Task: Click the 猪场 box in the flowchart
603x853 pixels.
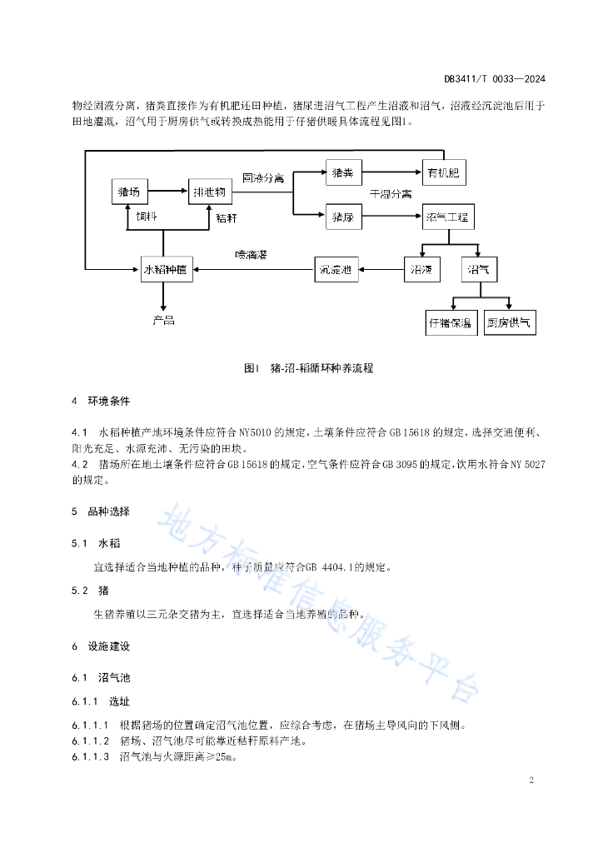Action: pos(129,192)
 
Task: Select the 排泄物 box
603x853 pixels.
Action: pos(209,192)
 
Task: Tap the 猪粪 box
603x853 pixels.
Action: pos(343,173)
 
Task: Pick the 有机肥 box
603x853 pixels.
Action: pos(444,172)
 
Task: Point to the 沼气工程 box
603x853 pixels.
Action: pos(448,217)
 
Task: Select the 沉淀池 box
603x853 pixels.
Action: pos(336,269)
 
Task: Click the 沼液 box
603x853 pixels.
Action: pos(421,269)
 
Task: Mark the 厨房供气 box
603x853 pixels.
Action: pos(510,322)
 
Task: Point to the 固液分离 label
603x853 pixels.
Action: pos(263,178)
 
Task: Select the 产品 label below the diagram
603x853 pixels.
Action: pos(163,319)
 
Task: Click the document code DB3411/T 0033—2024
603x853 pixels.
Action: pos(495,79)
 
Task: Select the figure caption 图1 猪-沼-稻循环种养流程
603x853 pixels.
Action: pos(309,367)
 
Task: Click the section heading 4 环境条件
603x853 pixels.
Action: pos(101,401)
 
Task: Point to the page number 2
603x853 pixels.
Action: pos(530,780)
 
